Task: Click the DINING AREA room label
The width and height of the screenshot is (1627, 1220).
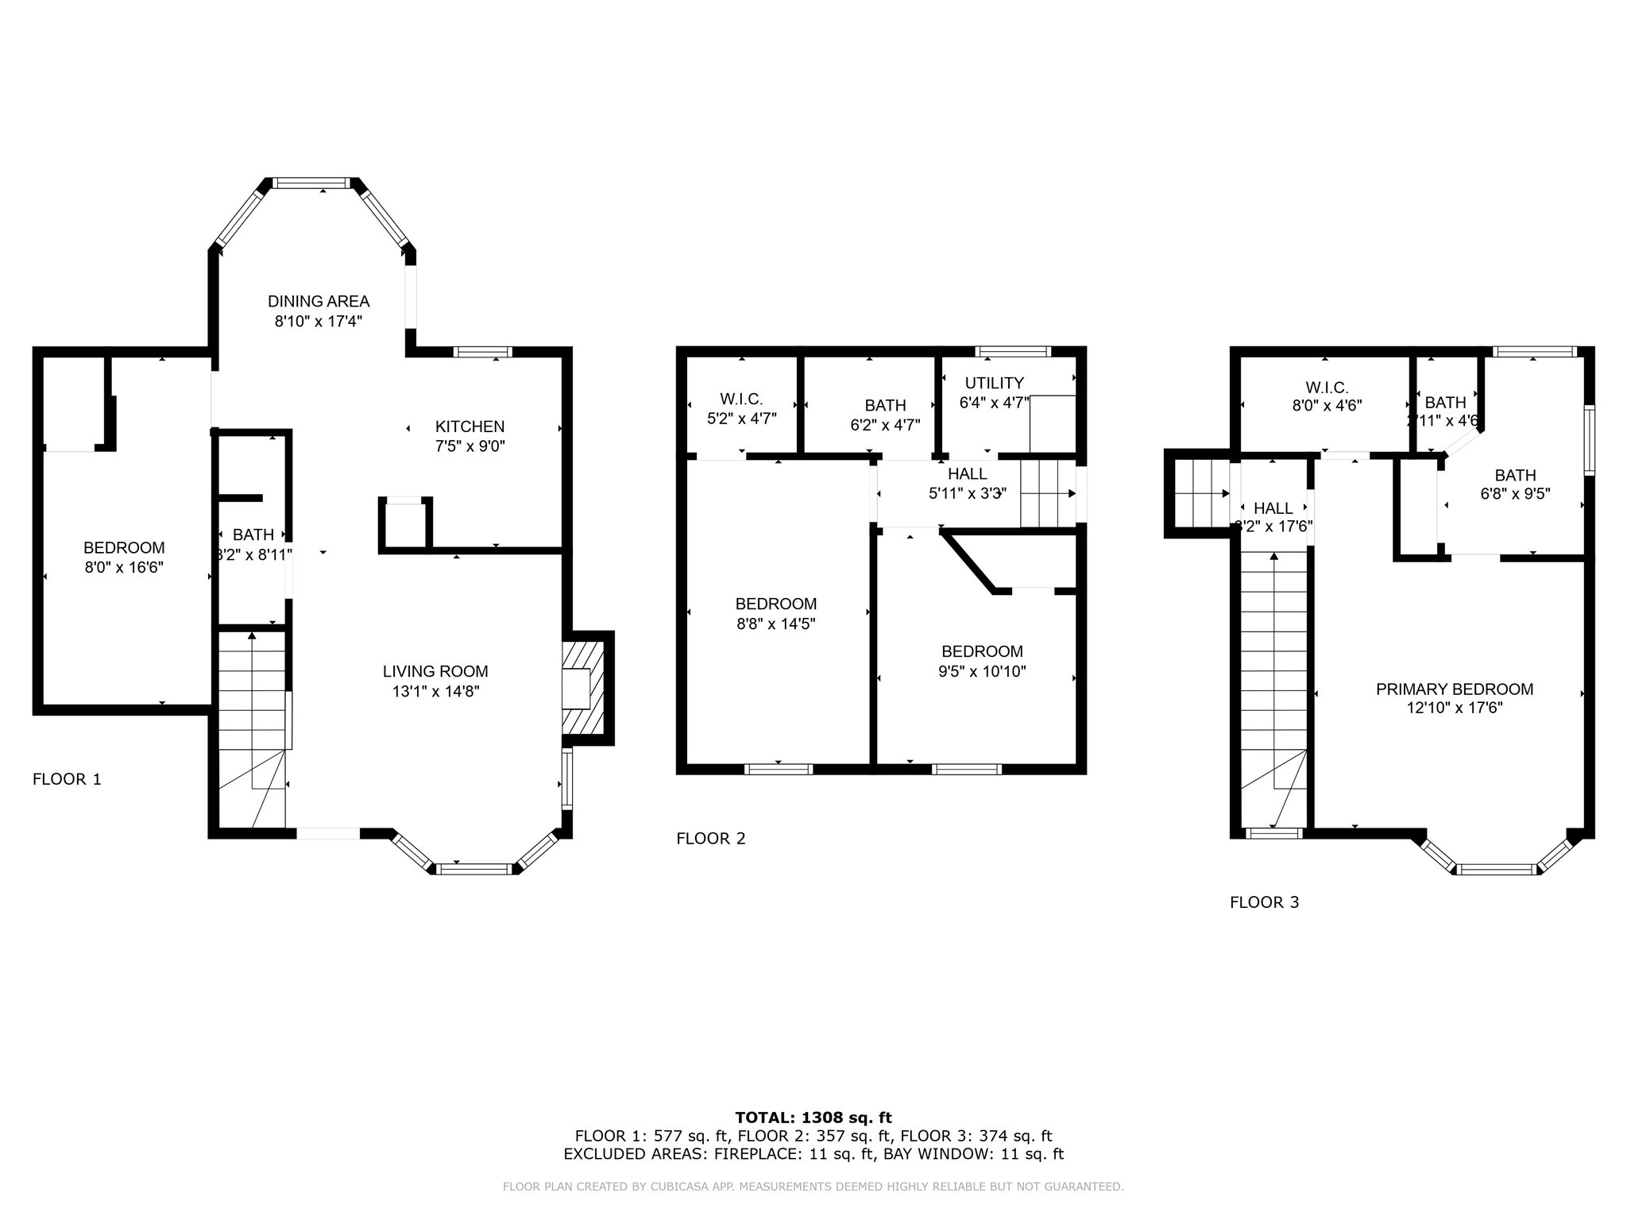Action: (318, 302)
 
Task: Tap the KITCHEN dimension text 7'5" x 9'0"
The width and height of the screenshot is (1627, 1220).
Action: (470, 446)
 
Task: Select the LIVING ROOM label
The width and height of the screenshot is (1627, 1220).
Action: (435, 672)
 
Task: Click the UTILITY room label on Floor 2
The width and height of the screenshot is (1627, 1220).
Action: (994, 383)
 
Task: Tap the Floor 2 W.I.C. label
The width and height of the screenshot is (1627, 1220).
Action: (741, 400)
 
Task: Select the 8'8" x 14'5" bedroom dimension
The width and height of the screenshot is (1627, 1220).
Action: (775, 624)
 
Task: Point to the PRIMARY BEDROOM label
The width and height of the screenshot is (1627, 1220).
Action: (1454, 689)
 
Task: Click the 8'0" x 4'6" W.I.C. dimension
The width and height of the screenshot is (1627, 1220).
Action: (1327, 405)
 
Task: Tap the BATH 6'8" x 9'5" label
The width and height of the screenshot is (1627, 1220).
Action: (1515, 476)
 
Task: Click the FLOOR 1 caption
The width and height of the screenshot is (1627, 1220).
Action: (67, 779)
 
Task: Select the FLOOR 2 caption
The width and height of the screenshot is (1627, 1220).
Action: (710, 839)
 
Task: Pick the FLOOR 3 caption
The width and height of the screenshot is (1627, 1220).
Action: (1264, 902)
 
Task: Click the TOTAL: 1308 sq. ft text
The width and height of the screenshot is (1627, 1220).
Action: (813, 1118)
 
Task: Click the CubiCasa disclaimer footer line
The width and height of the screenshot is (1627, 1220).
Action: (813, 1187)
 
